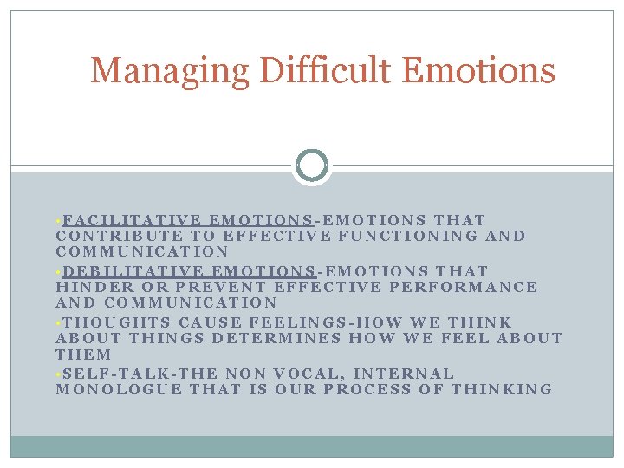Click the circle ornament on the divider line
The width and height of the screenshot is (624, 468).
click(x=312, y=165)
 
